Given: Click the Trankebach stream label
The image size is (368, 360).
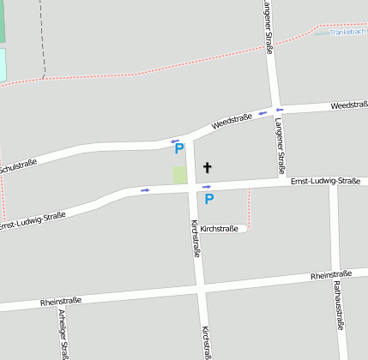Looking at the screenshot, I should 347,33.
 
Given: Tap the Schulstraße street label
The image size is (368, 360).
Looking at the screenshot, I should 17,165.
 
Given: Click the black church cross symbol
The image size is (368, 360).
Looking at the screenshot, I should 207,166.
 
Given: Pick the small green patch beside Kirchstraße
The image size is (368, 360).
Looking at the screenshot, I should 180,175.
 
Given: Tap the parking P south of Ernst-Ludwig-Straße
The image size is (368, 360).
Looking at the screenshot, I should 208,199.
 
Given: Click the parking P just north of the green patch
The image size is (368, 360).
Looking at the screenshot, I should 179,148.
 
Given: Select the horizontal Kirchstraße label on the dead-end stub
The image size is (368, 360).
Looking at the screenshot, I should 220,229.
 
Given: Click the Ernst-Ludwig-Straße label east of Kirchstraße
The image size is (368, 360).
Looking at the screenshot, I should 325,182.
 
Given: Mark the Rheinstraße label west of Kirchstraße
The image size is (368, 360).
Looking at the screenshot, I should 61,301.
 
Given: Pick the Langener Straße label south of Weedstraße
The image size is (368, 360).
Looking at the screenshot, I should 281,146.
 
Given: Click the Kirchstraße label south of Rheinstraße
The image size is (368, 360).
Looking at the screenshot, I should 205,342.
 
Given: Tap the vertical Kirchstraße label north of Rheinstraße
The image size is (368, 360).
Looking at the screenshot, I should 195,238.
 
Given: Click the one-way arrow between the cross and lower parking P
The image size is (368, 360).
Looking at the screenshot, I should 207,186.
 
